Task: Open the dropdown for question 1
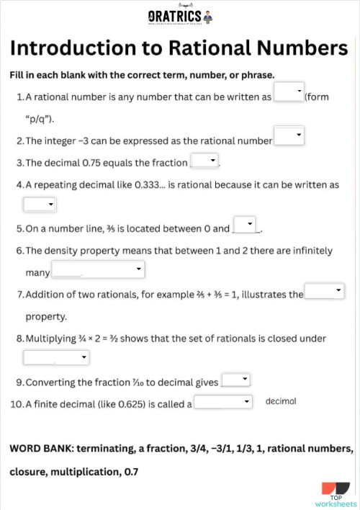click(289, 93)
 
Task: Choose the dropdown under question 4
click(40, 205)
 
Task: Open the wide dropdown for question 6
click(98, 270)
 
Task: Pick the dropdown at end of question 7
click(325, 291)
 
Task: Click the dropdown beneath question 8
click(56, 357)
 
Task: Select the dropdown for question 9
click(235, 379)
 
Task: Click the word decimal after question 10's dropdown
click(281, 401)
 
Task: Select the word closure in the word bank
click(29, 472)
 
